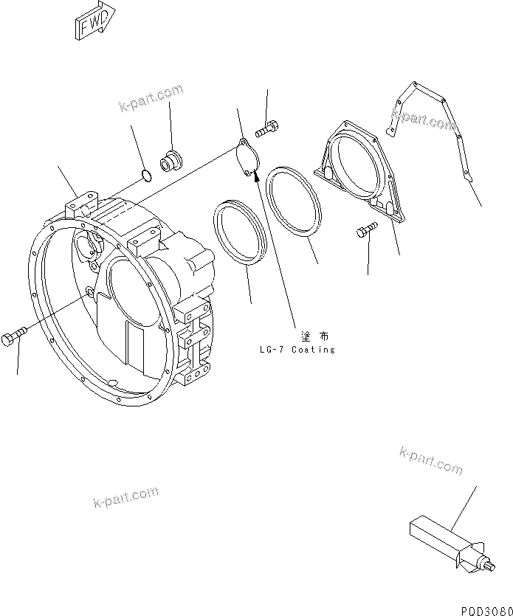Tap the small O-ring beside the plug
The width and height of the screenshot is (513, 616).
pos(146,176)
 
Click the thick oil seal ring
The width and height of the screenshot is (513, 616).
pos(238,232)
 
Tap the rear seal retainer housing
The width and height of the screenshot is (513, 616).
pos(360,170)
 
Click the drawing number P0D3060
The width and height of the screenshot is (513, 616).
pos(483,607)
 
